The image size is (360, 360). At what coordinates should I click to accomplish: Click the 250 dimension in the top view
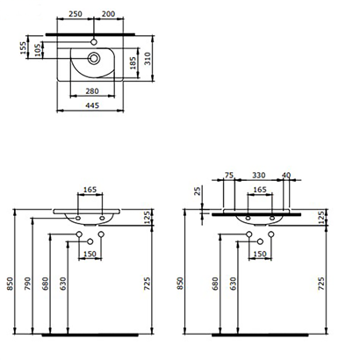click(77, 15)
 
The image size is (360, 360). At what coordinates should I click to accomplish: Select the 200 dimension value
click(108, 15)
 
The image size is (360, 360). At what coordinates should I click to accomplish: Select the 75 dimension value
click(228, 174)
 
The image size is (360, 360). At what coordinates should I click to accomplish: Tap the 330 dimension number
click(260, 174)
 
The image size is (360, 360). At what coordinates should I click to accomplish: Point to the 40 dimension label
click(288, 174)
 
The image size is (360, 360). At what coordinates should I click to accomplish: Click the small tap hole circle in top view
click(95, 42)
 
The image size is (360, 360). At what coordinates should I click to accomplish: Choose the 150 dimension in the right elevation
click(260, 255)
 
